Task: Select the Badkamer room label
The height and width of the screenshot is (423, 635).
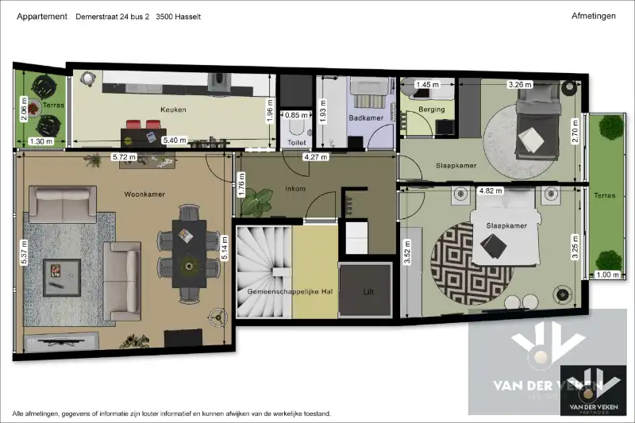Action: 367,118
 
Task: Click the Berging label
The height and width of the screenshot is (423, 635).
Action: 432,110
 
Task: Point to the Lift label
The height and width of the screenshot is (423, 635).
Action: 368,291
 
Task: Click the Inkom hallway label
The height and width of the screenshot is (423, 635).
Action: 297,189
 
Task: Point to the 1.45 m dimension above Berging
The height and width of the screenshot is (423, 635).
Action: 427,84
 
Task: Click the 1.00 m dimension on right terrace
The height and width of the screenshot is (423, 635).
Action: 606,275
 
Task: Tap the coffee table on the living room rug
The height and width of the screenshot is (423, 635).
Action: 60,271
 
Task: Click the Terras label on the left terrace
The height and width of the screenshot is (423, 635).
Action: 54,105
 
